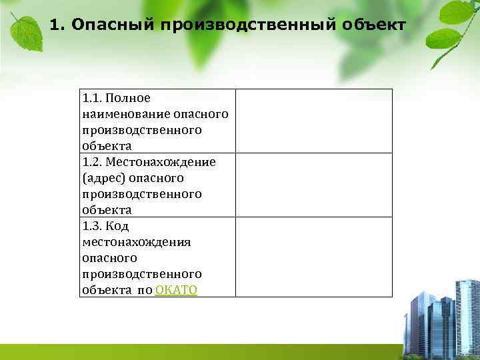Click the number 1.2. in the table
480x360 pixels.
[93, 162]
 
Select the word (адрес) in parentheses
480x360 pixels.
[102, 178]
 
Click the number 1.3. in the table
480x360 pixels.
[93, 226]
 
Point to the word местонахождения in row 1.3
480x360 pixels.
[137, 242]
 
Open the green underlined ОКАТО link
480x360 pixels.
[176, 290]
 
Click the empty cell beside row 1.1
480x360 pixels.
[313, 121]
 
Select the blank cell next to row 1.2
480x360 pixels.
[313, 185]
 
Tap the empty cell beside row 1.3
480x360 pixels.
[313, 257]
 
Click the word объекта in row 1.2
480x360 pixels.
[107, 210]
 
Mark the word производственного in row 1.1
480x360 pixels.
[142, 130]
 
